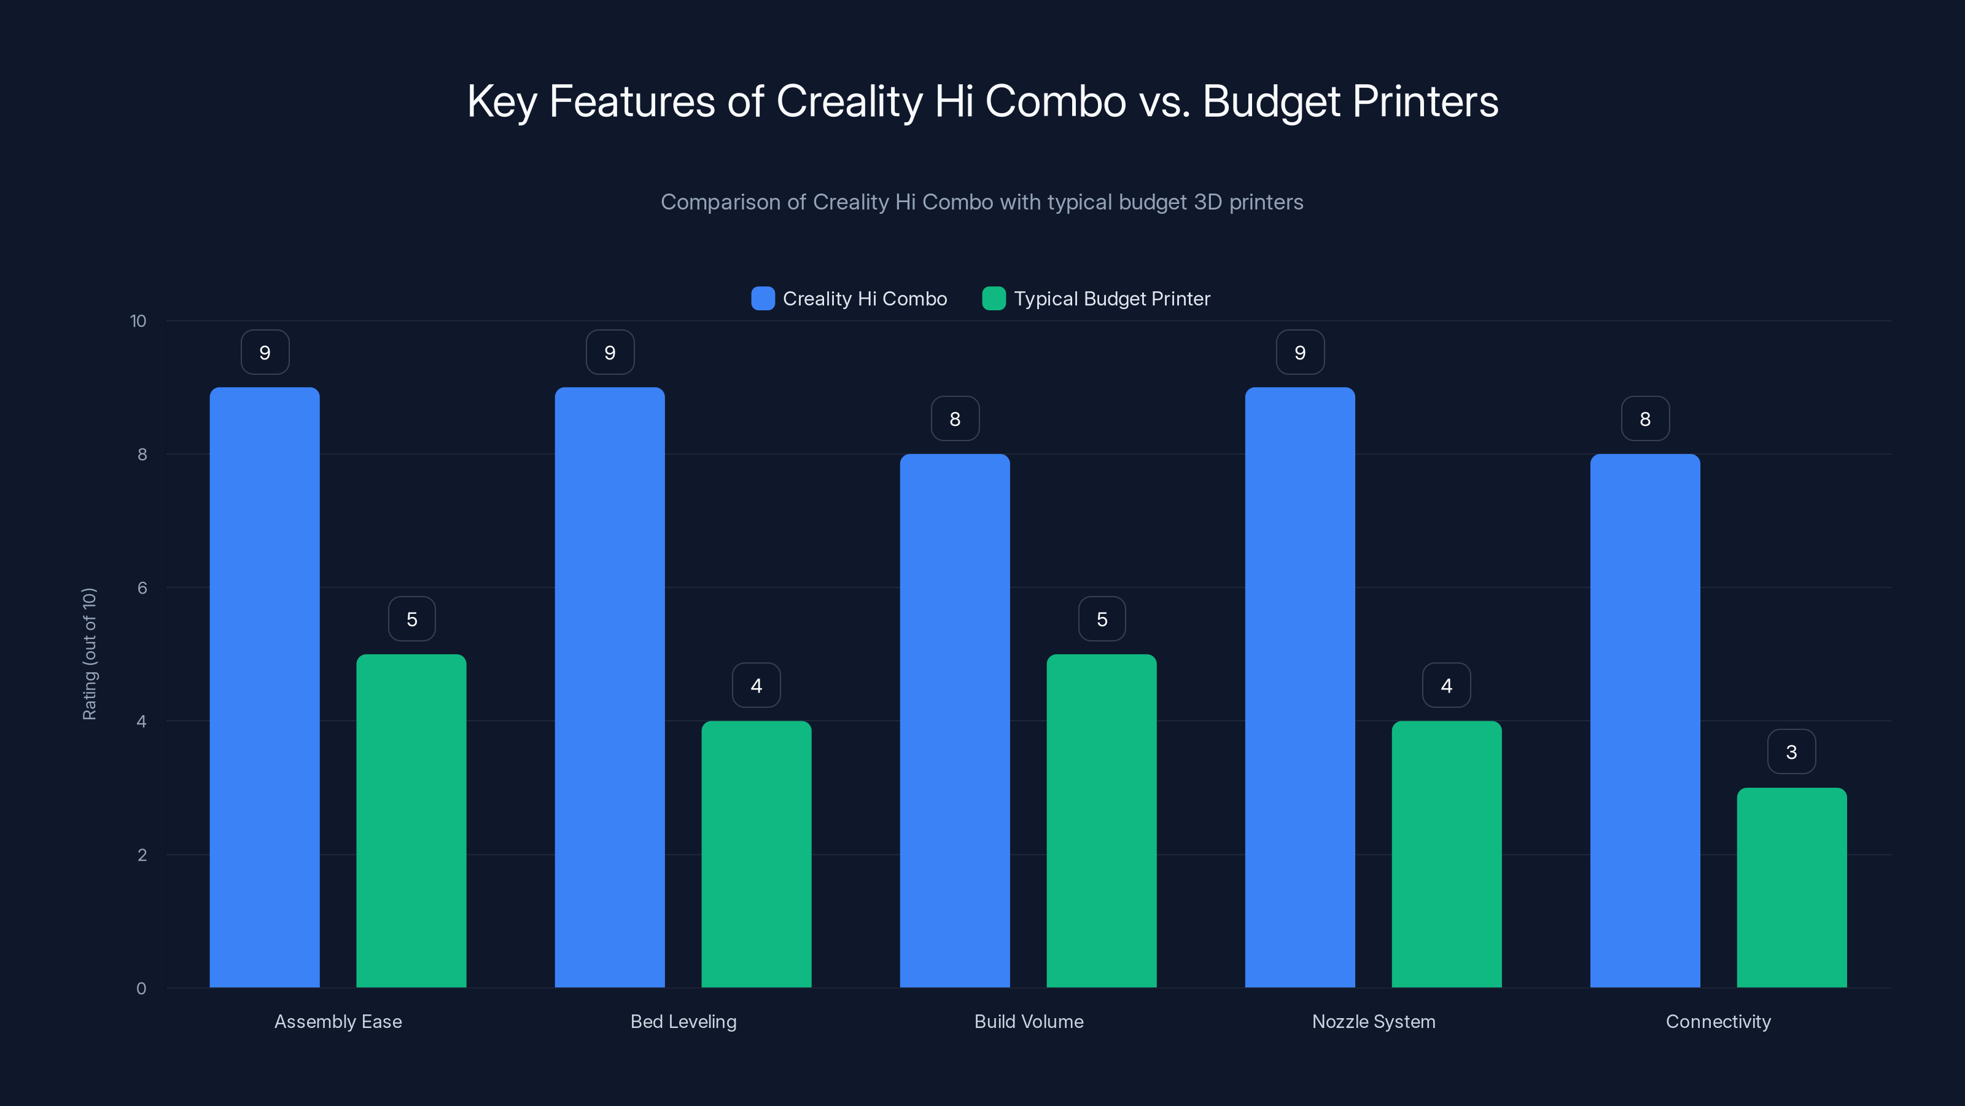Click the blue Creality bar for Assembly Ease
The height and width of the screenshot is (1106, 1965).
coord(265,687)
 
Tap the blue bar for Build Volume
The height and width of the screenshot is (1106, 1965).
coord(954,721)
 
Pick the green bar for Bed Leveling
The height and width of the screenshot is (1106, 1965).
coord(756,854)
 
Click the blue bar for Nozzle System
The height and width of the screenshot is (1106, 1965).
coord(1300,687)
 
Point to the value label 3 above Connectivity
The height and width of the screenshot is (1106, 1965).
coord(1791,752)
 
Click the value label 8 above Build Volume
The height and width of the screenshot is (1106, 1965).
coord(954,418)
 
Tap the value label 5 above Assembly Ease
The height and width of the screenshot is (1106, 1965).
coord(412,619)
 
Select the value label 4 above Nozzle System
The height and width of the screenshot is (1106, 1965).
coord(1446,686)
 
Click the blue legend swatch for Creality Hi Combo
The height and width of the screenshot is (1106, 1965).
coord(763,299)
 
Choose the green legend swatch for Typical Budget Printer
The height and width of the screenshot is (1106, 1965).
coord(994,299)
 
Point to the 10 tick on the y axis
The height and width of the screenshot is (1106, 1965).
coord(138,321)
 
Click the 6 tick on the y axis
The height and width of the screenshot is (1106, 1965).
coord(142,588)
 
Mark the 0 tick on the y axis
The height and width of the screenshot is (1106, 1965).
coord(141,989)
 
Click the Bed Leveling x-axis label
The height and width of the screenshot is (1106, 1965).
coord(683,1021)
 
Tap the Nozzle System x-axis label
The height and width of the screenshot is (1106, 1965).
coord(1373,1021)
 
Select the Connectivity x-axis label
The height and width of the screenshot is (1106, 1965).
coord(1718,1021)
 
